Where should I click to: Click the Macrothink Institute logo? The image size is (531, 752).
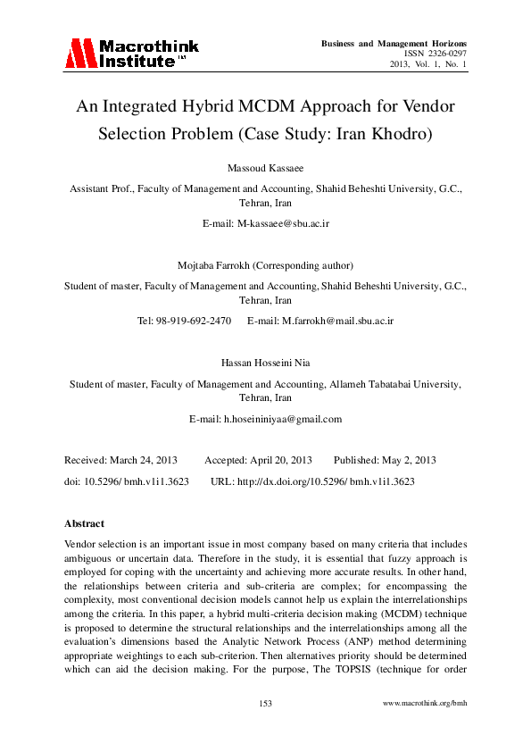pyautogui.click(x=131, y=54)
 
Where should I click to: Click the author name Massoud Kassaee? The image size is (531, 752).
pyautogui.click(x=265, y=168)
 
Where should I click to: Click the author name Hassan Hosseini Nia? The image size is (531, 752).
pyautogui.click(x=265, y=363)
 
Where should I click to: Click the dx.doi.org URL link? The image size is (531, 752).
pyautogui.click(x=326, y=480)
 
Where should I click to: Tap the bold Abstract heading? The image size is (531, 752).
pyautogui.click(x=85, y=523)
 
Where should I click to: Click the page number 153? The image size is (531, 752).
pyautogui.click(x=265, y=704)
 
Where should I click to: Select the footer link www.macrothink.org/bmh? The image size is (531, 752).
pyautogui.click(x=424, y=704)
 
